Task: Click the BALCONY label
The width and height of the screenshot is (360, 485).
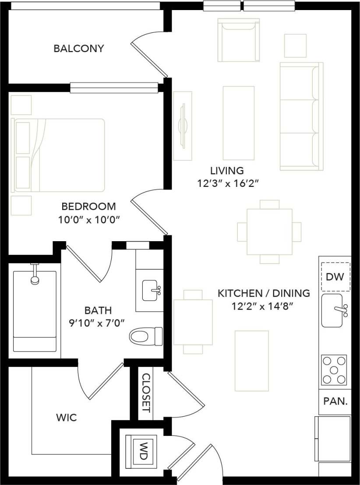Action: coord(79,49)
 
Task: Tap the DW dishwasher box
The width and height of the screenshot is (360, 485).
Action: coord(335,277)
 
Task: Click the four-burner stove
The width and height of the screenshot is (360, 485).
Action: coord(334,369)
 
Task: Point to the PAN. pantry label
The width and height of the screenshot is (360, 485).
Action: coord(335,401)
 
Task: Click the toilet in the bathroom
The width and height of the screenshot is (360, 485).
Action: coord(146,337)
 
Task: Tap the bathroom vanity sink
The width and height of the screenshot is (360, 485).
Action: coord(151,291)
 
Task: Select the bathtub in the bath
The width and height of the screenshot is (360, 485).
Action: coord(35,311)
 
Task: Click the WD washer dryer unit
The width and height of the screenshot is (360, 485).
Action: coord(142,450)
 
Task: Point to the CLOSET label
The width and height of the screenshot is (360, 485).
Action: coord(146,393)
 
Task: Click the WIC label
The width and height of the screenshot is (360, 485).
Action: coord(67,418)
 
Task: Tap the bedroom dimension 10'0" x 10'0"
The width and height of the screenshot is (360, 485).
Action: coord(89,220)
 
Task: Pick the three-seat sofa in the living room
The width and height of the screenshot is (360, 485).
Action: coord(301,116)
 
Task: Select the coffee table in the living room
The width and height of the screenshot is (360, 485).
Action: coord(239,123)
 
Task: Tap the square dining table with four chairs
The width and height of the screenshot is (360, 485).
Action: coord(269,232)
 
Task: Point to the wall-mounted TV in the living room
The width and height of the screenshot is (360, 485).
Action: coord(183,126)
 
